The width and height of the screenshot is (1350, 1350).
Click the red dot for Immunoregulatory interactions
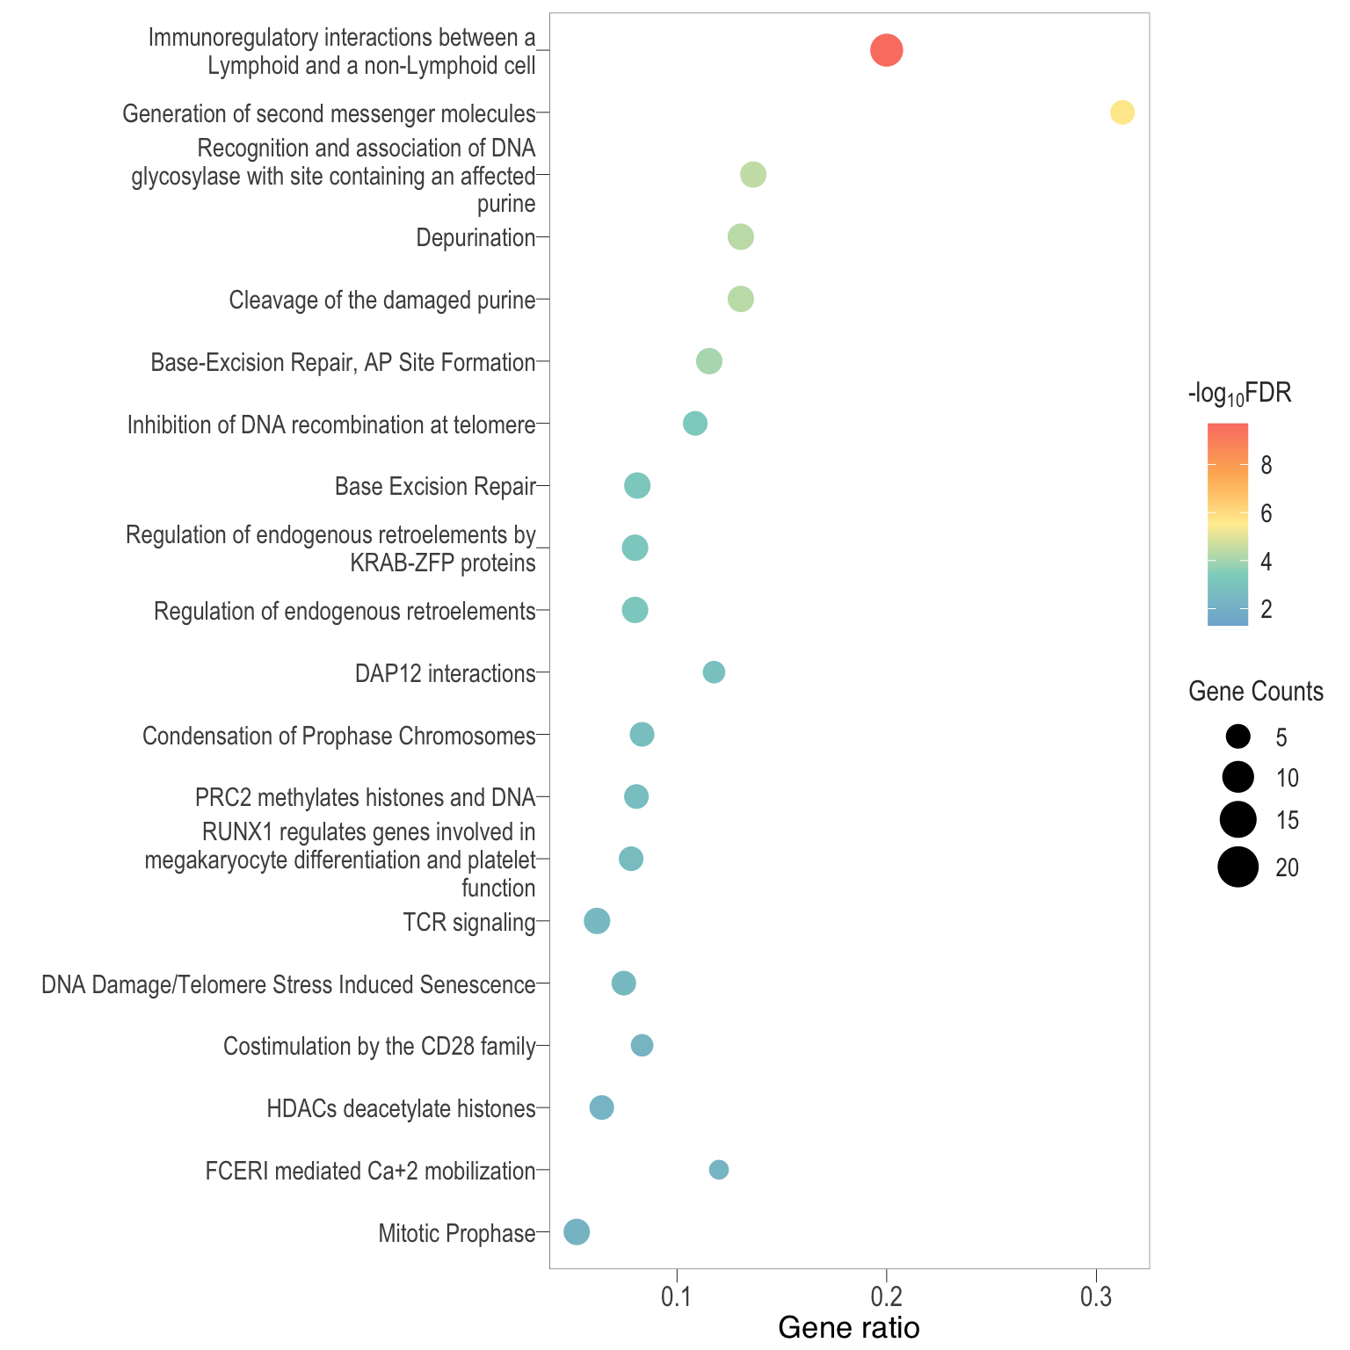pos(886,50)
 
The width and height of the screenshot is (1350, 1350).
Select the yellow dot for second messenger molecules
pos(1122,112)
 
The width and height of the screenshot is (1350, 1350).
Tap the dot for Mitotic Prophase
pos(576,1231)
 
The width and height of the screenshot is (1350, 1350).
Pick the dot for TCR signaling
pos(597,921)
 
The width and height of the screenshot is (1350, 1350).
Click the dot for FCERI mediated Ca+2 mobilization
pos(718,1170)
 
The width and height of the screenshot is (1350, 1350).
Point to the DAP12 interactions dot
pos(714,672)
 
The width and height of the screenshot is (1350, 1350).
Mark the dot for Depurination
pos(741,237)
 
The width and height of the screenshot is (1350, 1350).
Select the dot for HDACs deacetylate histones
pos(601,1107)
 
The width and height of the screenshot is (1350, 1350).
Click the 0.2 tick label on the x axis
pos(886,1298)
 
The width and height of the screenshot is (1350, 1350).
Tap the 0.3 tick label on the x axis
pos(1096,1298)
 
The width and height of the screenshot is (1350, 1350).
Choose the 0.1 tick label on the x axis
pos(677,1298)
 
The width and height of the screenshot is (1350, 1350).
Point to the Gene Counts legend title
pos(1255,692)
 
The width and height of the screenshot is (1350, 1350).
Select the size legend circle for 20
pos(1237,867)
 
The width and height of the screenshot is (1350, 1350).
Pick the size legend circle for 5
pos(1238,737)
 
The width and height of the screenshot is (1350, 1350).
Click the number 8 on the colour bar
pos(1266,466)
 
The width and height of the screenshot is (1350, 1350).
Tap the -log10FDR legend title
pos(1239,394)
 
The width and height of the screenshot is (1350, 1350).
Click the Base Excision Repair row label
pos(435,487)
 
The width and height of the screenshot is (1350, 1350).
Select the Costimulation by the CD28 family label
pos(379,1046)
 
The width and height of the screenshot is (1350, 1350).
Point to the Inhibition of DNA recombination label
pos(331,425)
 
